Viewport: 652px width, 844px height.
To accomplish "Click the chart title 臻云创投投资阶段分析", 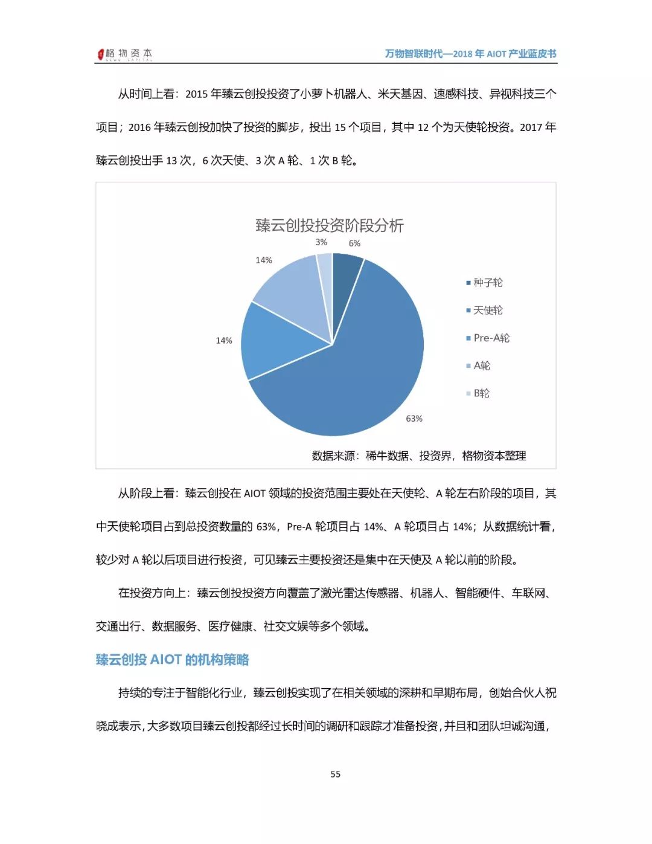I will tap(329, 226).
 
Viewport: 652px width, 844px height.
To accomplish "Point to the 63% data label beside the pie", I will tap(414, 418).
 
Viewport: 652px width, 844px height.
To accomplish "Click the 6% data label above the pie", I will tap(354, 243).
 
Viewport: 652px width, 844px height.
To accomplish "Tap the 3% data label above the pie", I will tap(321, 242).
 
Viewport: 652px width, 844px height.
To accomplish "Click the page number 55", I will tap(336, 774).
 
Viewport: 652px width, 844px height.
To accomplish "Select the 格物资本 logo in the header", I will tap(125, 54).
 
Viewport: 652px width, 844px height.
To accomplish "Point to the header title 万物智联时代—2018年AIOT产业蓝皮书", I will tap(470, 54).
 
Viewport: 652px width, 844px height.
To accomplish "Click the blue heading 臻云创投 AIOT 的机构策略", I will tap(173, 660).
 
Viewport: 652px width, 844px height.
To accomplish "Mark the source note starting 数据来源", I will tap(418, 456).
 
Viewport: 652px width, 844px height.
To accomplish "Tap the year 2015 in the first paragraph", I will tap(196, 94).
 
